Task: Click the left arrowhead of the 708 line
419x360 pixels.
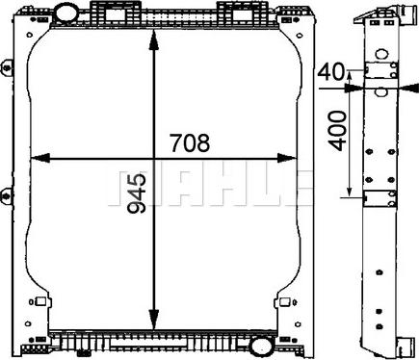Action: tap(34, 157)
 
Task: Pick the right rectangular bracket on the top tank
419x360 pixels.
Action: tap(235, 13)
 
